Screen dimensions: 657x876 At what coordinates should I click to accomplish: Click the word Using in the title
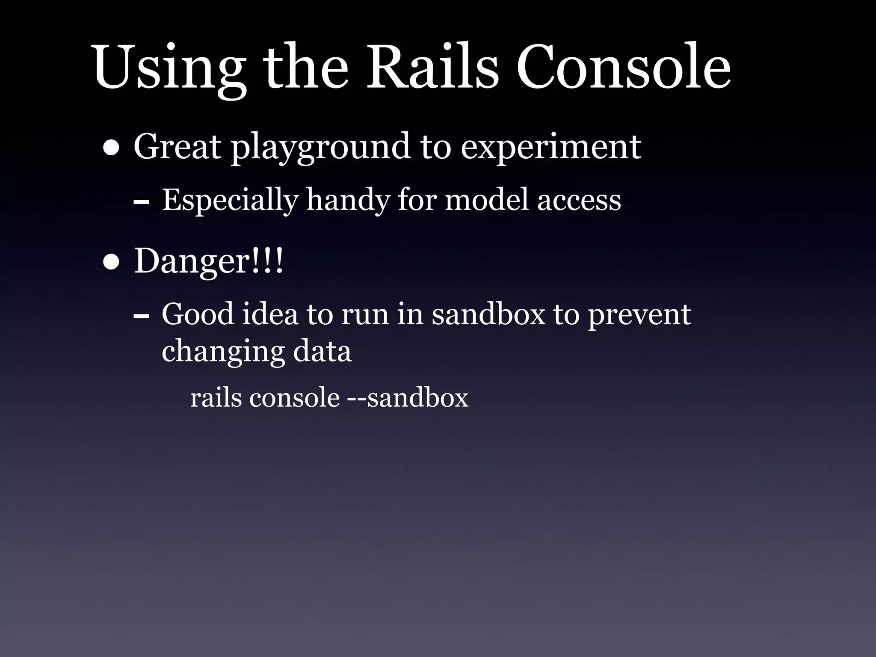(x=169, y=68)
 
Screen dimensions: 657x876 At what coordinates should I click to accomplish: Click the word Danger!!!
(x=209, y=261)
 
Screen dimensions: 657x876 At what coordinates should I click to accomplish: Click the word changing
(x=222, y=352)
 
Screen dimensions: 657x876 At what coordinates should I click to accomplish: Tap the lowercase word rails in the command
(x=216, y=398)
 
